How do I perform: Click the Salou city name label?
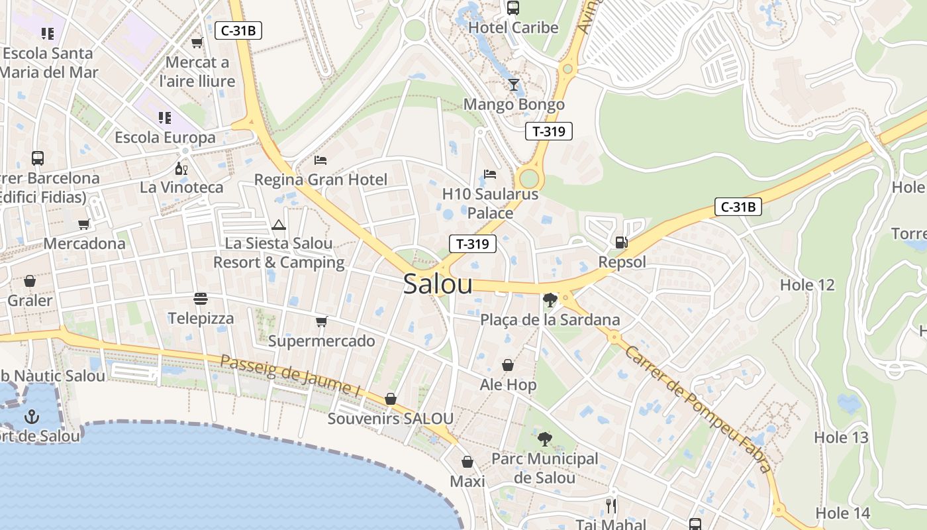coord(438,284)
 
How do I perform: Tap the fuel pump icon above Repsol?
coord(621,242)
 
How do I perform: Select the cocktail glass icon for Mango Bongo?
coord(513,84)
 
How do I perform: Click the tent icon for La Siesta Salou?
coord(278,225)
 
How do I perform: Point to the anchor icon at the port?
coord(31,417)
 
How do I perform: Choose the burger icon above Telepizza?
coord(201,299)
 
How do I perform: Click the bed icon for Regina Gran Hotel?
coord(320,160)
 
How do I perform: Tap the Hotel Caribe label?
coord(513,28)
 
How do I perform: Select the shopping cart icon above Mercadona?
coord(84,224)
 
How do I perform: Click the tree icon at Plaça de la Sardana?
coord(549,300)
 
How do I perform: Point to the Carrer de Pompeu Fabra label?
coord(699,409)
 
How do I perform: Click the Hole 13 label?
coord(840,437)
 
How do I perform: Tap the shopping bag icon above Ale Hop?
coord(508,365)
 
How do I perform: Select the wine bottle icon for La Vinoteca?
coord(181,168)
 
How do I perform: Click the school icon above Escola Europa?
coord(165,118)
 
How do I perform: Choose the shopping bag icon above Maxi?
coord(467,462)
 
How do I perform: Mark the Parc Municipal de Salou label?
coord(544,468)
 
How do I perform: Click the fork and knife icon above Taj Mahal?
coord(610,506)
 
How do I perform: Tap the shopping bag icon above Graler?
coord(30,281)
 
